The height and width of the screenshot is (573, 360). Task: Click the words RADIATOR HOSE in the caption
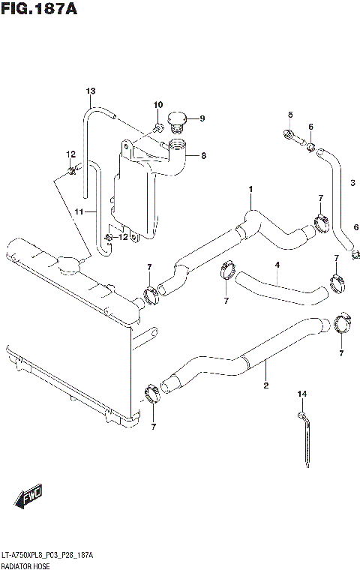coord(27,565)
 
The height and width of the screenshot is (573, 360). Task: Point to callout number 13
coord(91,91)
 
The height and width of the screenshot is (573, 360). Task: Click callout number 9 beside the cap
coord(202,118)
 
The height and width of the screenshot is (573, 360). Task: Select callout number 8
coord(202,156)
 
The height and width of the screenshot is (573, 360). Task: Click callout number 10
coord(158,104)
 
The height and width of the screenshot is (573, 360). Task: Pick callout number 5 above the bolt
coord(289,114)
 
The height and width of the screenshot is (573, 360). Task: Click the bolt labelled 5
coord(291,136)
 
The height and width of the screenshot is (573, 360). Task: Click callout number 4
coord(277,264)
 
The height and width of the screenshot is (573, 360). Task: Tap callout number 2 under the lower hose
coord(265,386)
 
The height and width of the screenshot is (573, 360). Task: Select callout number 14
coord(302,394)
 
